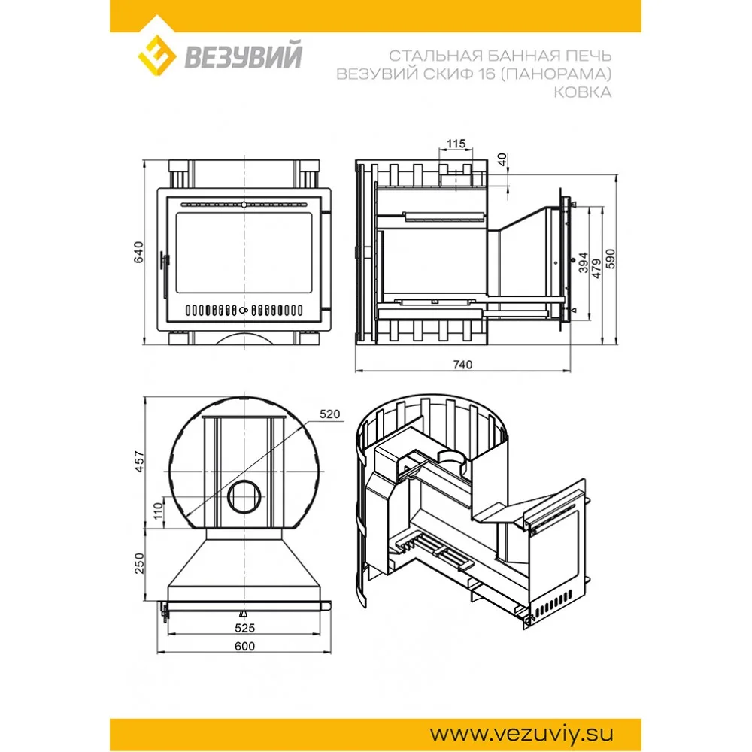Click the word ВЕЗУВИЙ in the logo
click(242, 57)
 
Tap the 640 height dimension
click(138, 252)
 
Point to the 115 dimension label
click(456, 144)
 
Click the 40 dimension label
click(502, 160)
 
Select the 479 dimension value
click(596, 269)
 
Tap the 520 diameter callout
click(329, 414)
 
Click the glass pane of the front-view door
click(245, 253)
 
